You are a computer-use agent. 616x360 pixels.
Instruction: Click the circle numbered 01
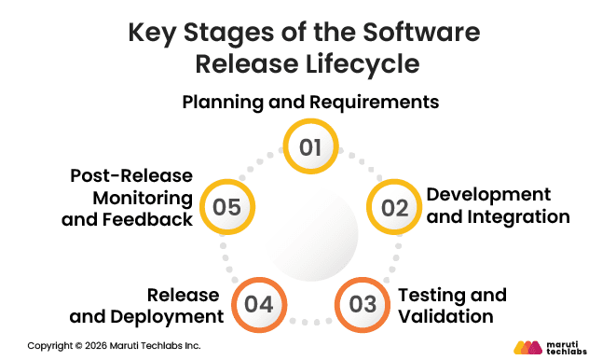(x=309, y=147)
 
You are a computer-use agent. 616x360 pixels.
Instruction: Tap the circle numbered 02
(x=394, y=206)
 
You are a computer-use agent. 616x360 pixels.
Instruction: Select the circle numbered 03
(x=362, y=303)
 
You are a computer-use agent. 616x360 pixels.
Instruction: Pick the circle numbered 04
(x=257, y=303)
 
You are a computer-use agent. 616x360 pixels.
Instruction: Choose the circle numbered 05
(x=226, y=206)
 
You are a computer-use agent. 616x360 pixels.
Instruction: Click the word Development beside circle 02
(x=488, y=195)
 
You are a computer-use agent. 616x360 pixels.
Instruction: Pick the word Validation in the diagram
(x=445, y=317)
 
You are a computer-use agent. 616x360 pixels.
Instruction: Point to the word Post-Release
(x=130, y=176)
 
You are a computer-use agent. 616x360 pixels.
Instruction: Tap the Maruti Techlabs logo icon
(x=527, y=347)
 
